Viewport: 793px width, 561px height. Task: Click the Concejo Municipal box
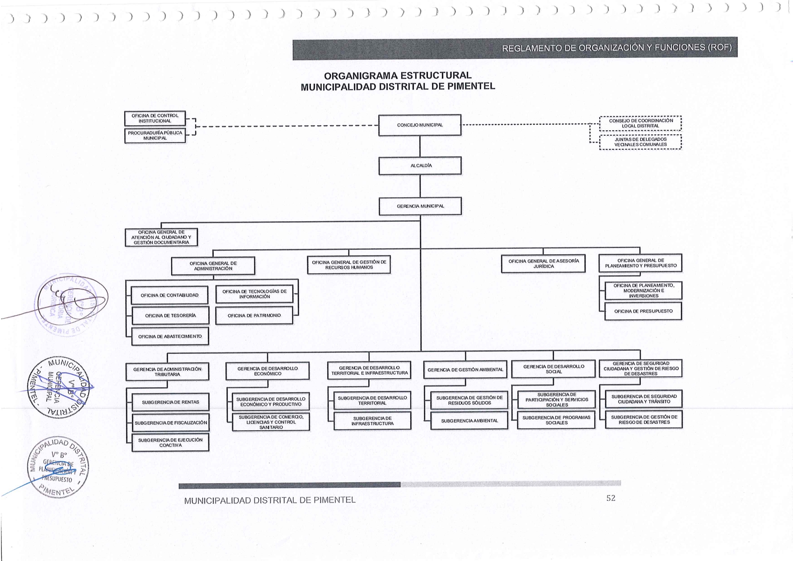coord(420,125)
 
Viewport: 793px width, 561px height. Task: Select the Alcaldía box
coord(420,166)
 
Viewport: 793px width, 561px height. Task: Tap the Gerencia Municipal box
coord(420,206)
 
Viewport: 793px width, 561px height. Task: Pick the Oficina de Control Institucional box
coord(155,119)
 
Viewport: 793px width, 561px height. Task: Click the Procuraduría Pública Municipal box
coord(155,136)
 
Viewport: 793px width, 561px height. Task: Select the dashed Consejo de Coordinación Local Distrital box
coord(640,124)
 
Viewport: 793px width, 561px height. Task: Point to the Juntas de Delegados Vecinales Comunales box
coord(640,142)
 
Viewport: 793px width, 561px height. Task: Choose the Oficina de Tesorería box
coord(170,316)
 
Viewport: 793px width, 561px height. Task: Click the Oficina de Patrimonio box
coord(254,316)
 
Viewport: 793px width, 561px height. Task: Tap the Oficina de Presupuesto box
coord(643,311)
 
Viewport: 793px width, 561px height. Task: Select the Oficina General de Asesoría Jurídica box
coord(543,264)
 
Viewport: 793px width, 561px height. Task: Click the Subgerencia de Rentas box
coord(170,402)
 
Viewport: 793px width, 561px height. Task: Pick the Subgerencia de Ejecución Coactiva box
coord(170,442)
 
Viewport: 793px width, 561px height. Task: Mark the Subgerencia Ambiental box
coord(469,421)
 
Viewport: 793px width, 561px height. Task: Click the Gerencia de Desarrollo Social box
coord(554,369)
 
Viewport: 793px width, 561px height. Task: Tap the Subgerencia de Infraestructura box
coord(372,421)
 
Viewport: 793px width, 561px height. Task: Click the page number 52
coord(610,498)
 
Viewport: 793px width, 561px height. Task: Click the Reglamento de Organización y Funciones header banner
coord(515,48)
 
